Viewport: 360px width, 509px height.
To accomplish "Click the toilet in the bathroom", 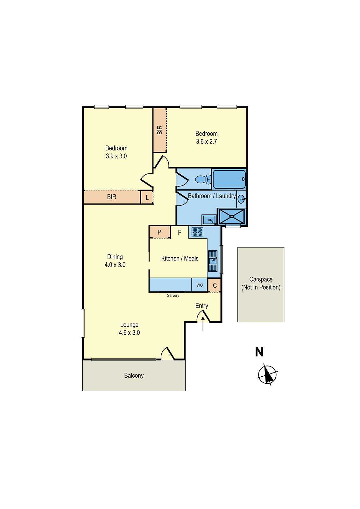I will tap(202, 179).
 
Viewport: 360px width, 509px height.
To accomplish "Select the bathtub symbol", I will tap(229, 179).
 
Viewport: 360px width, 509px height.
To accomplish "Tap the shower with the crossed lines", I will tap(232, 217).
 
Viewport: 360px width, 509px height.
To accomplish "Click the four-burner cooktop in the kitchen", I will tap(197, 232).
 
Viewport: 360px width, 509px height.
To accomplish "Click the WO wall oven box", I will tap(200, 285).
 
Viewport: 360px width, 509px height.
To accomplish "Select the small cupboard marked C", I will tap(215, 285).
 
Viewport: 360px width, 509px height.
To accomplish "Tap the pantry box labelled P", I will tap(159, 232).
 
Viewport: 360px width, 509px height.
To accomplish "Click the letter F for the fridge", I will tap(180, 233).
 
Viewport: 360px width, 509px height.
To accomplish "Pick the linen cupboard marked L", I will tap(147, 198).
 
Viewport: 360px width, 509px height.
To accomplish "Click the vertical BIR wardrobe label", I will tap(160, 130).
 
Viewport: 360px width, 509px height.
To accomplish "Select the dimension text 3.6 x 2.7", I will tap(206, 142).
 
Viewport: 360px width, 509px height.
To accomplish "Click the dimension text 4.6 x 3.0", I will tap(129, 333).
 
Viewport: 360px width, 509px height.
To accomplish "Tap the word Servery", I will tap(173, 296).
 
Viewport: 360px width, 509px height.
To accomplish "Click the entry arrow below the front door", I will tap(203, 323).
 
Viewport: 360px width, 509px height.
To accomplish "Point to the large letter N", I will tap(259, 352).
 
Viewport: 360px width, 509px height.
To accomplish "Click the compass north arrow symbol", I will tap(267, 375).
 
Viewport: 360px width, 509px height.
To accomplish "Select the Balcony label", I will tap(134, 376).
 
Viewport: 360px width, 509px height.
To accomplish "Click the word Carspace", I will tap(261, 279).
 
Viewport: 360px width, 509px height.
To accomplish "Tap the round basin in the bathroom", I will tap(242, 199).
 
